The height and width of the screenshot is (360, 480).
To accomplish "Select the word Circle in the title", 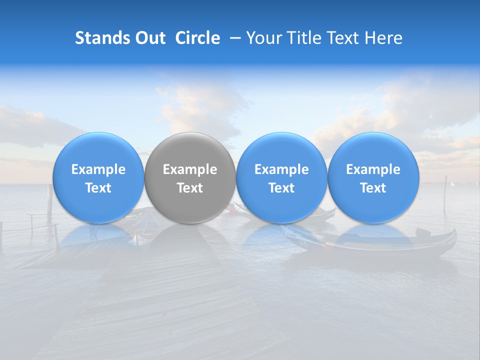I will (197, 38).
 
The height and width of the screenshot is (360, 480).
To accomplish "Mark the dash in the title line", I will (232, 38).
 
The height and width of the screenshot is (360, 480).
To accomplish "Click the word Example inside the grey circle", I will (190, 169).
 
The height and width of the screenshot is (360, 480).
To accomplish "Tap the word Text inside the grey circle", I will (190, 188).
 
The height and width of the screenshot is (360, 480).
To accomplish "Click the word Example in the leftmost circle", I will (98, 169).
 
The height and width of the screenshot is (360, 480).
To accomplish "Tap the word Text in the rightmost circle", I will (373, 188).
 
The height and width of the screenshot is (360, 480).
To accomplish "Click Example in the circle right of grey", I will (281, 169).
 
